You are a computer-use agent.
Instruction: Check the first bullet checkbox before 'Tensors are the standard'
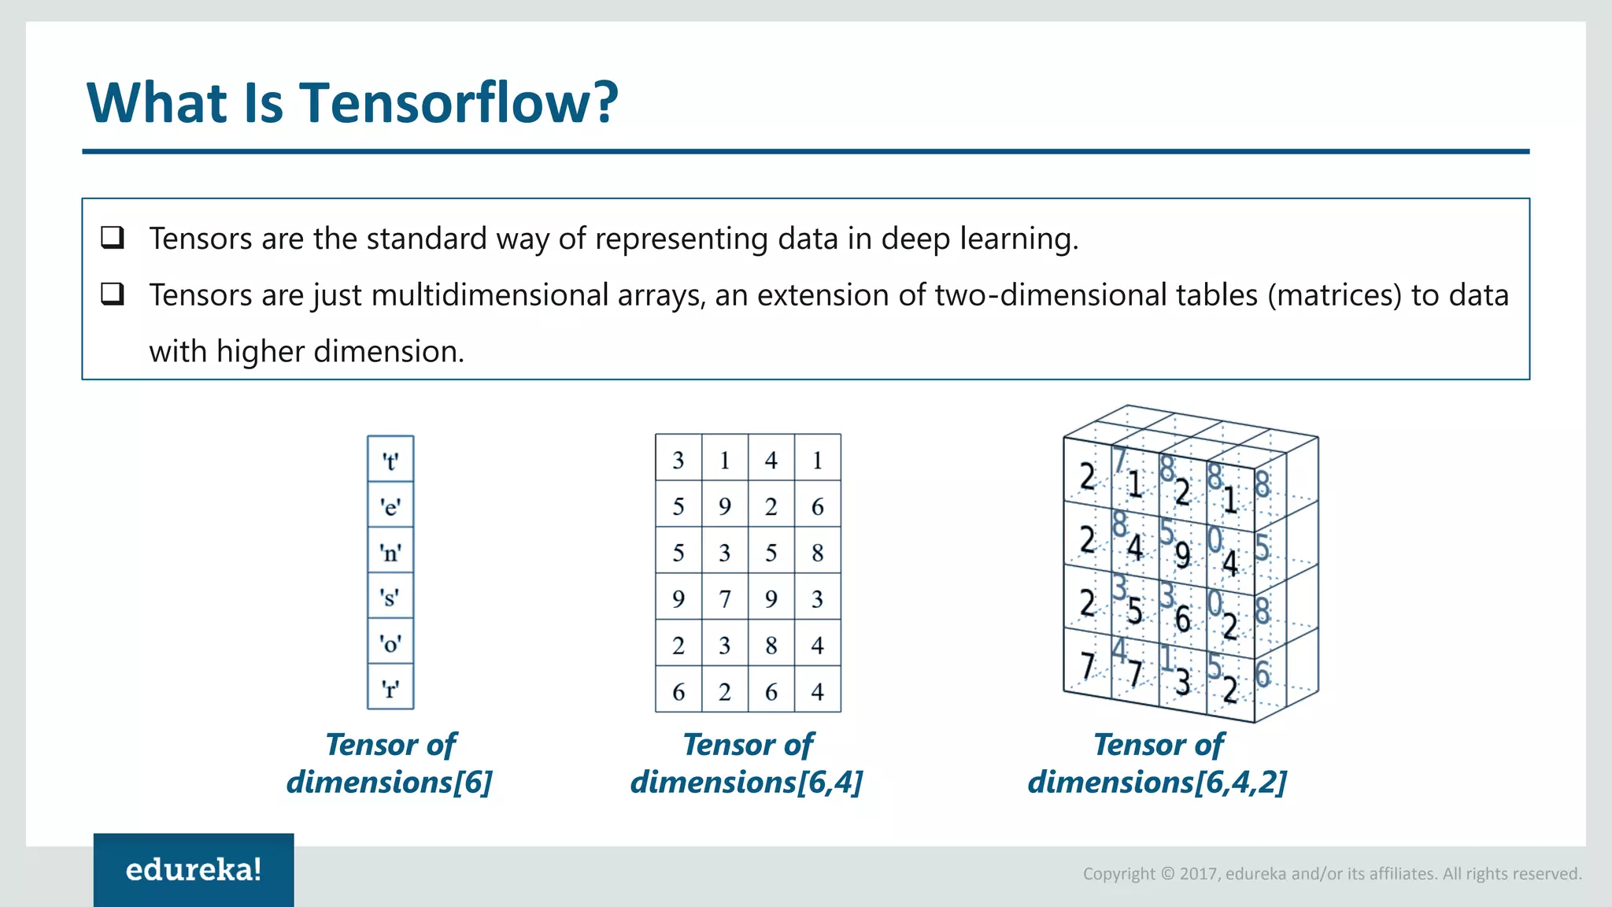tap(113, 237)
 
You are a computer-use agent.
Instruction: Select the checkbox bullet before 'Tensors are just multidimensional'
tap(113, 294)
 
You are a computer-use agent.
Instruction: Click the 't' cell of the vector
tap(390, 461)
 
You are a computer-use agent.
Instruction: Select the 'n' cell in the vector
tap(390, 552)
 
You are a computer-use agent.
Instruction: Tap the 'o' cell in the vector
tap(390, 643)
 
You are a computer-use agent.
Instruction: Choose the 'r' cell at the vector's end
tap(390, 689)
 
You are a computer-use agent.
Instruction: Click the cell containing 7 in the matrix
tap(725, 599)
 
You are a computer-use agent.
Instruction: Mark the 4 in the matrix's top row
tap(771, 460)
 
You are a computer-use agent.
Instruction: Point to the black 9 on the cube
tap(1182, 555)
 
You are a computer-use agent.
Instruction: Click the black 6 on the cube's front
tap(1182, 619)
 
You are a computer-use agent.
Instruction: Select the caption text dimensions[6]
tap(390, 782)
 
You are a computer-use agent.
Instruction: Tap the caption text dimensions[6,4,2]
tap(1157, 782)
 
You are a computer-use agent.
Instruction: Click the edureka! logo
tap(194, 870)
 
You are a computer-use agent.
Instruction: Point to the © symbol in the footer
tap(1167, 874)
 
